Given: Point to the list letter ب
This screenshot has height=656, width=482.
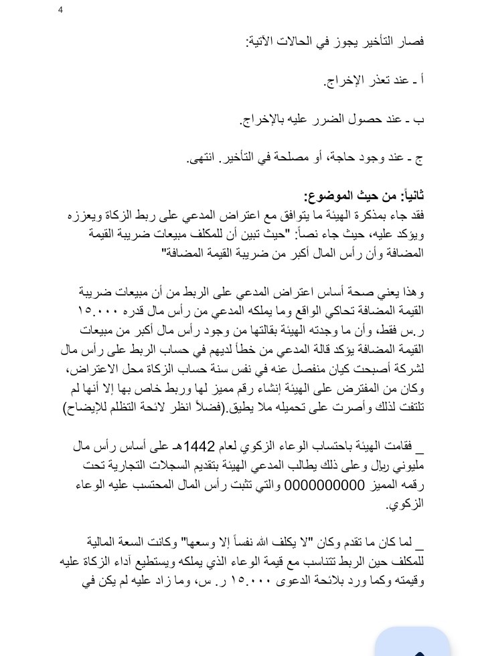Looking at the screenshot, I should click(x=421, y=120).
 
